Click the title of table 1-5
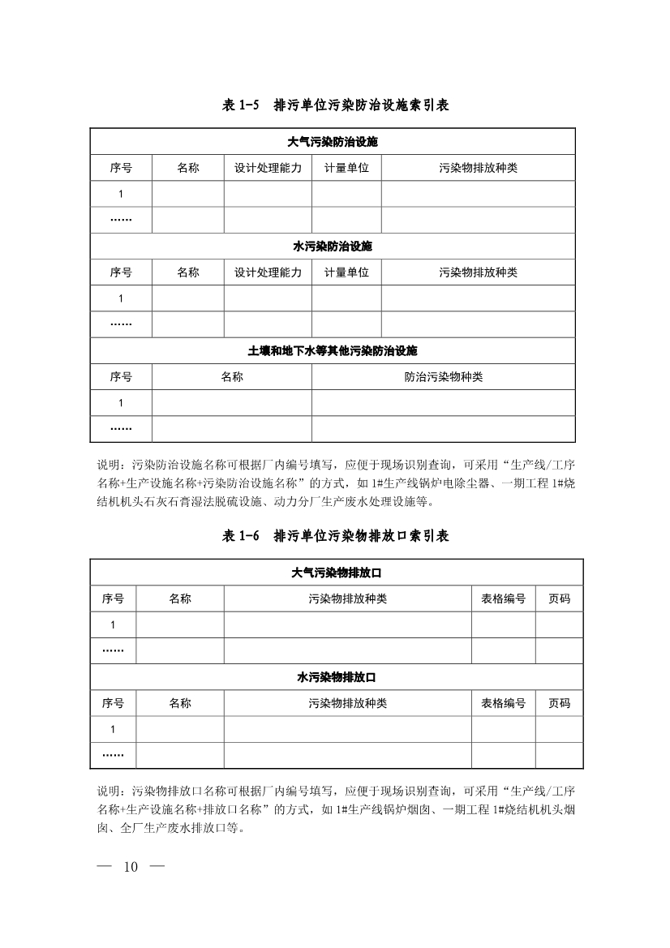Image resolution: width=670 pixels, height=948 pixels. pyautogui.click(x=335, y=105)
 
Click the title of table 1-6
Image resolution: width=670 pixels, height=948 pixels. pyautogui.click(x=335, y=536)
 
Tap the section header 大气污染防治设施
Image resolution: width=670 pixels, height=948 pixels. pyautogui.click(x=333, y=141)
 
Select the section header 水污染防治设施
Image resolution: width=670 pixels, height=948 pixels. pyautogui.click(x=333, y=246)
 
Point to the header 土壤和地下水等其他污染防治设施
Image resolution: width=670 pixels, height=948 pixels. pyautogui.click(x=333, y=351)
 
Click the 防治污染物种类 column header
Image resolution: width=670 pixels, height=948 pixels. pyautogui.click(x=443, y=377)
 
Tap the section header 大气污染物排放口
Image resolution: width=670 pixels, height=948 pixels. pyautogui.click(x=336, y=573)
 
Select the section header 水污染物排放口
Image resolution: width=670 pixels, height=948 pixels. pyautogui.click(x=336, y=677)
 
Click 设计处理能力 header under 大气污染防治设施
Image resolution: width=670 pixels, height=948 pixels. pyautogui.click(x=268, y=168)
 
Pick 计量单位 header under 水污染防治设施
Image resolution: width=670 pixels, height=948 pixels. pyautogui.click(x=346, y=272)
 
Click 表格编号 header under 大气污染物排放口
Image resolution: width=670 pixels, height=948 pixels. pyautogui.click(x=503, y=599)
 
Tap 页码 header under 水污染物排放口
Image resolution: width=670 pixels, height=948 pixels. pyautogui.click(x=559, y=703)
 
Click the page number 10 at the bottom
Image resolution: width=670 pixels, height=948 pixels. pyautogui.click(x=131, y=867)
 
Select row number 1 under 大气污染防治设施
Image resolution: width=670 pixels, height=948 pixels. pyautogui.click(x=121, y=194)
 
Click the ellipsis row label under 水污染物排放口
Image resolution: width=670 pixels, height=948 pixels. pyautogui.click(x=113, y=755)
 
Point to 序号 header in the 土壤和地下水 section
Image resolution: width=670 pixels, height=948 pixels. pyautogui.click(x=121, y=377)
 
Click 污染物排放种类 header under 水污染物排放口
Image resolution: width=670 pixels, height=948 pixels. pyautogui.click(x=347, y=703)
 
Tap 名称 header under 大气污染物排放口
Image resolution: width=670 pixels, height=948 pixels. pyautogui.click(x=179, y=599)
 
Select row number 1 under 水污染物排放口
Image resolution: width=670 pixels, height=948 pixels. pyautogui.click(x=113, y=729)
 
